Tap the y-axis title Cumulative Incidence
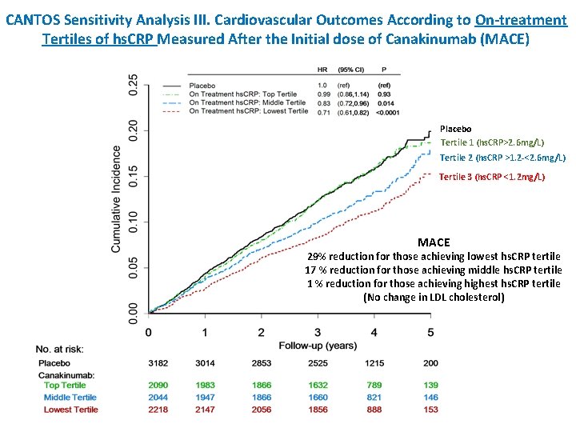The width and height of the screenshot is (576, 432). (117, 199)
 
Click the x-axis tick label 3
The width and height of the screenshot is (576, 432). (318, 332)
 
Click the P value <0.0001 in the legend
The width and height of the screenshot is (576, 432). (389, 111)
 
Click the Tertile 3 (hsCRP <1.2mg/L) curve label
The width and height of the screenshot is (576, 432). (492, 177)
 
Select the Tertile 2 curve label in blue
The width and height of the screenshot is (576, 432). (502, 158)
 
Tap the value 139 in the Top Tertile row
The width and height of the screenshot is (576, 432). (430, 386)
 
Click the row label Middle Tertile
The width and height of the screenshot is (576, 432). (70, 398)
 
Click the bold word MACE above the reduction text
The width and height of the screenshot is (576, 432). (434, 242)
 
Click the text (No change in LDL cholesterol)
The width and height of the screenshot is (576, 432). (434, 297)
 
